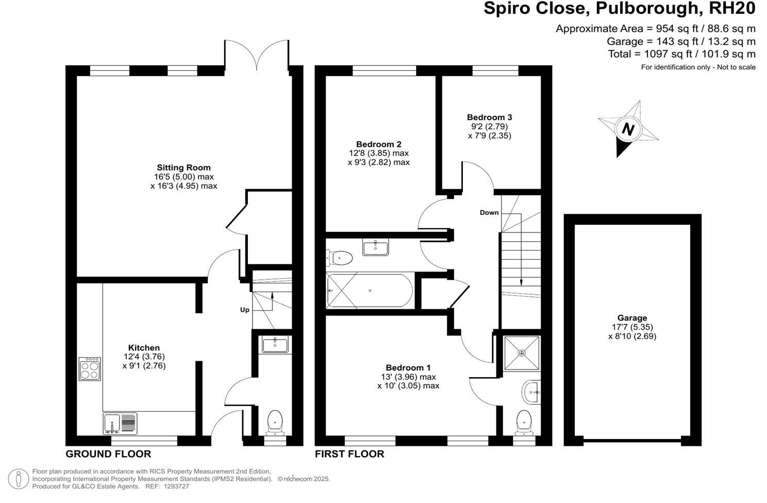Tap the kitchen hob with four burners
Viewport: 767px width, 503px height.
coord(90,369)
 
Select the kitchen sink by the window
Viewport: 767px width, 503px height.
coord(120,423)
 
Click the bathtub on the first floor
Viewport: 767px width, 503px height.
coord(370,291)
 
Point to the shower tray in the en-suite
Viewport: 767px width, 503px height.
coord(522,353)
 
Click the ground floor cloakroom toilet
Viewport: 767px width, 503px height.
coord(275,422)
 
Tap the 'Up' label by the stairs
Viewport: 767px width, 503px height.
coord(244,310)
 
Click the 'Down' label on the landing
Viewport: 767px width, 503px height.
coord(489,212)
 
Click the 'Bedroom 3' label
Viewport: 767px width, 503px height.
coord(489,118)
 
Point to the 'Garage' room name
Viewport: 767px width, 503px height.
coord(632,318)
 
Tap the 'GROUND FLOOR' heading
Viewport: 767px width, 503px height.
coord(108,454)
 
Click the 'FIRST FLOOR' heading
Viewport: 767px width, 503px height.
coord(349,454)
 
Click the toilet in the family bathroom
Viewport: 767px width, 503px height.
coord(340,257)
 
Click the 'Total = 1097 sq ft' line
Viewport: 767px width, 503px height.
coord(681,54)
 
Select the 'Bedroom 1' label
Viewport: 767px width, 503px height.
coord(408,367)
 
